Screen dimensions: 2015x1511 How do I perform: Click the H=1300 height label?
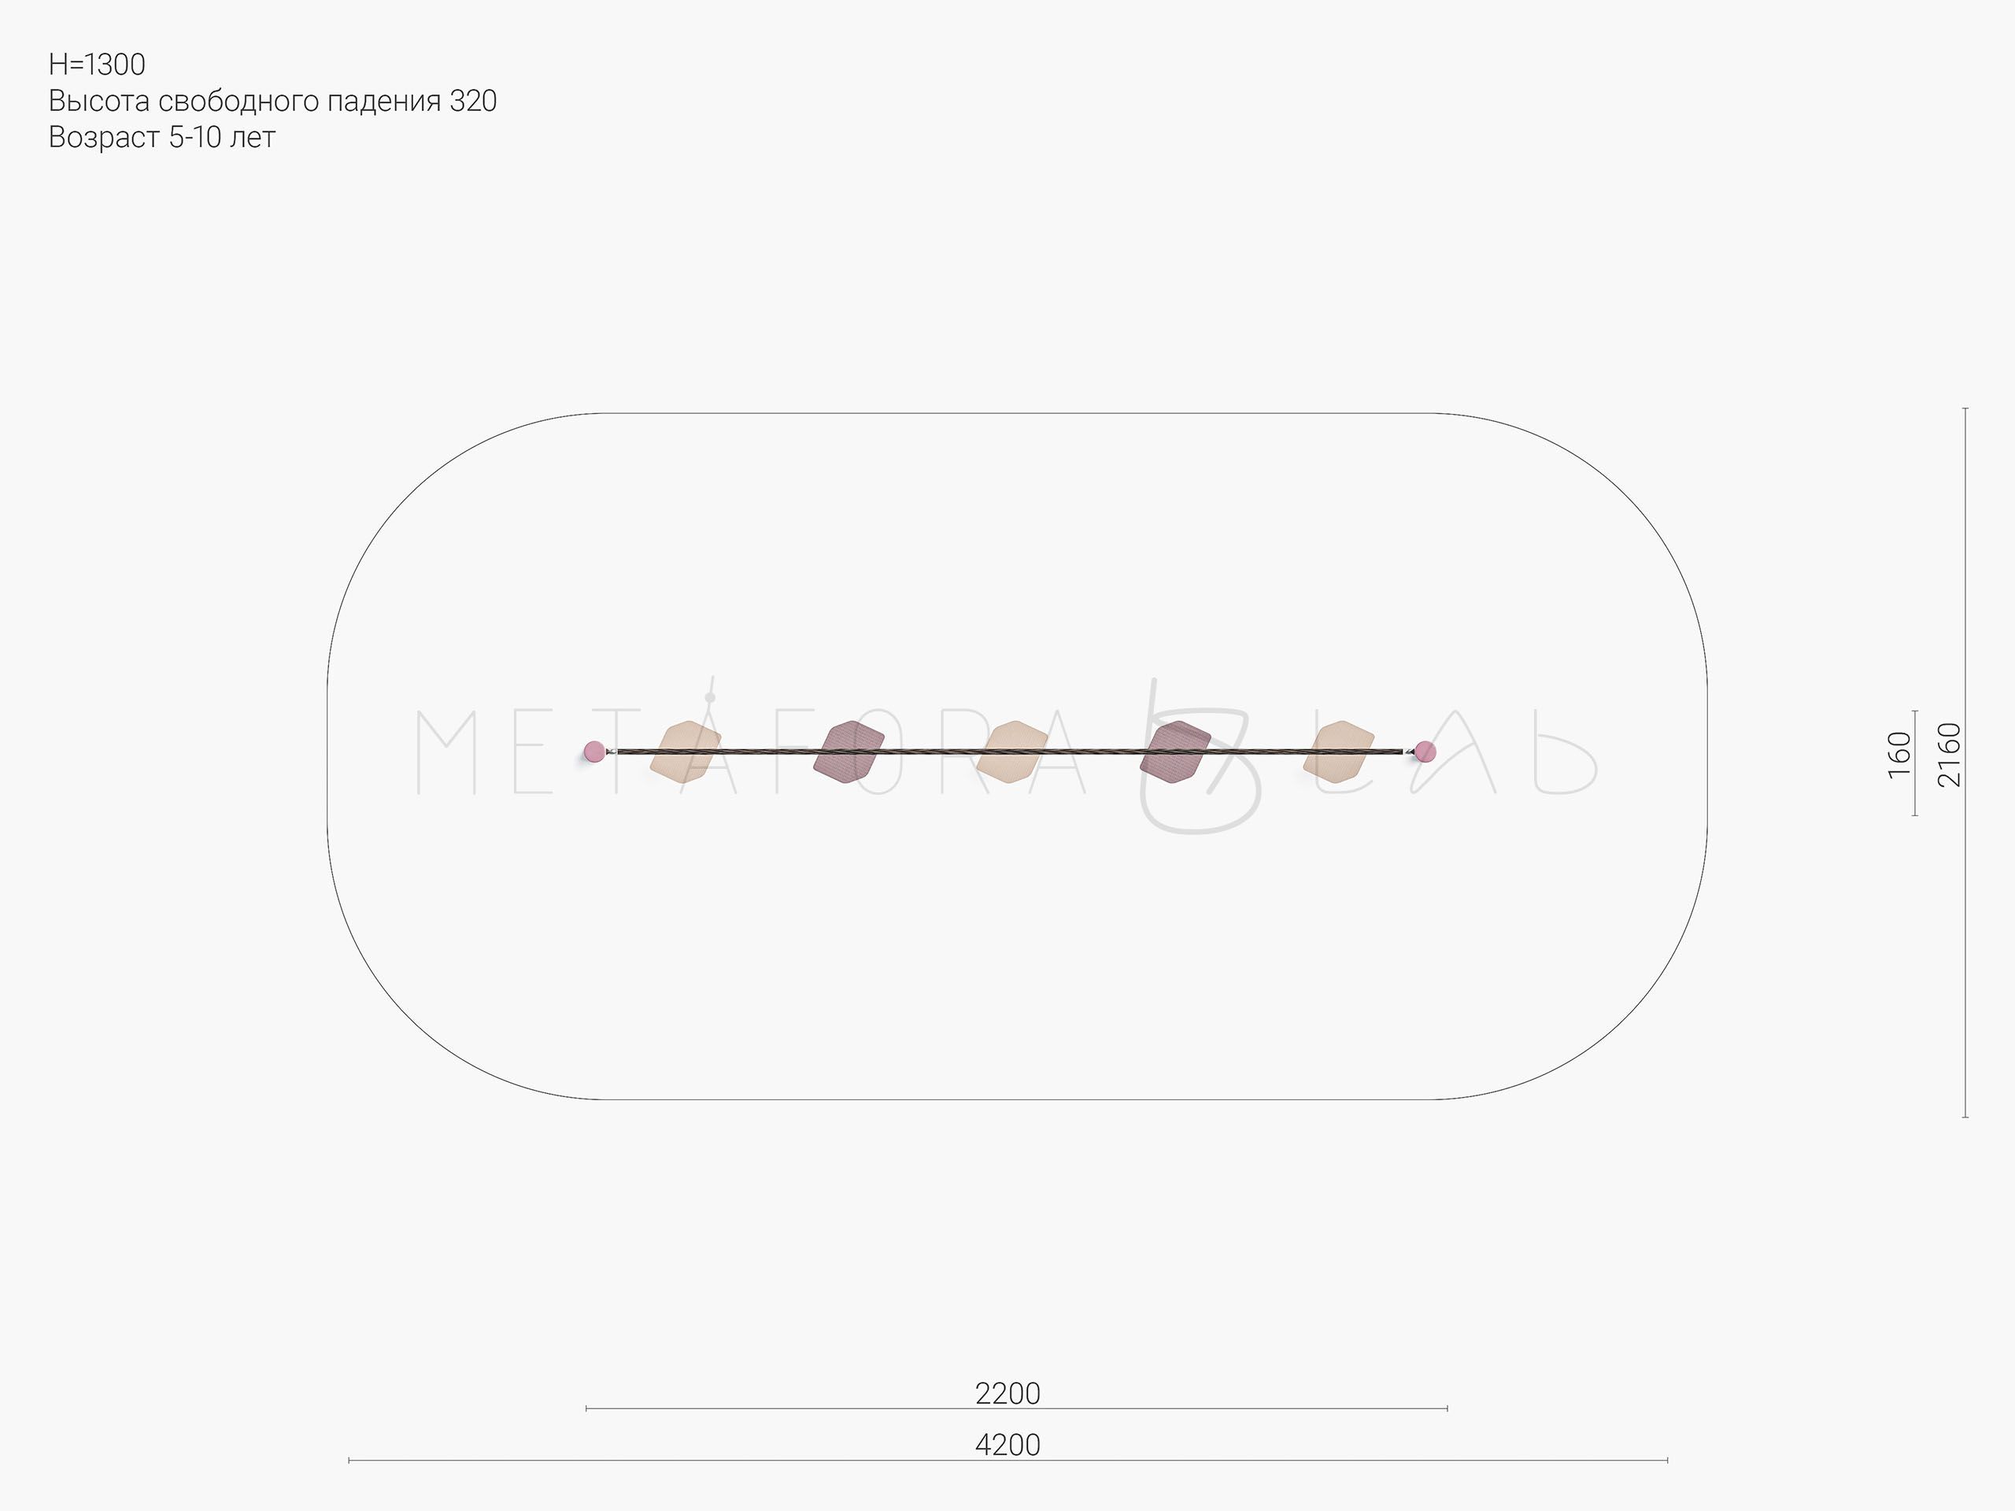click(x=97, y=65)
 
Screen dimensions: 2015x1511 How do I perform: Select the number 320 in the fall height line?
click(x=473, y=101)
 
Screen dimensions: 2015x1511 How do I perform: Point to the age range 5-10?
click(x=195, y=138)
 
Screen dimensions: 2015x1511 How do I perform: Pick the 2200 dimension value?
click(x=1007, y=1394)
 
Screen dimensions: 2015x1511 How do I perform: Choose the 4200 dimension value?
click(x=1007, y=1446)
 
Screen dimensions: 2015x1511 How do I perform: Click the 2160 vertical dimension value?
click(x=1949, y=754)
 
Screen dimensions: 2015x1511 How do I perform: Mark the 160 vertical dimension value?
click(x=1899, y=755)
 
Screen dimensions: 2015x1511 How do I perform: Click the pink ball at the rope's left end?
click(x=594, y=752)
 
